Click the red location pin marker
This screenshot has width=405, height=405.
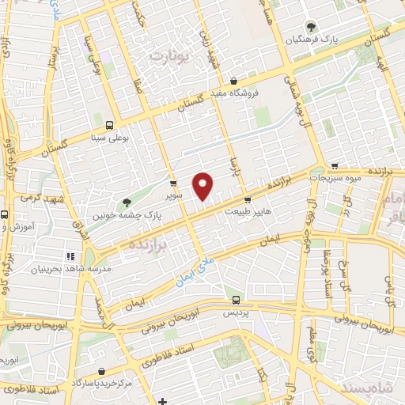(x=204, y=186)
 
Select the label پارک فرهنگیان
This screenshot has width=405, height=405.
(x=311, y=39)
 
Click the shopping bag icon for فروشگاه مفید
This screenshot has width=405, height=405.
(x=234, y=81)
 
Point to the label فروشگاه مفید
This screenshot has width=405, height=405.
(x=234, y=93)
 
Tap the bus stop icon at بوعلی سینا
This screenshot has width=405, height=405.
(x=108, y=124)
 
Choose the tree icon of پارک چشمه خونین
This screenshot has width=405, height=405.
(x=127, y=202)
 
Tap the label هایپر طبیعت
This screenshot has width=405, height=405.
(x=248, y=211)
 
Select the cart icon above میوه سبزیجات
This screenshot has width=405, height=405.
(x=336, y=166)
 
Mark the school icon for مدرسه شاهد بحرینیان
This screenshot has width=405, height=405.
(x=69, y=256)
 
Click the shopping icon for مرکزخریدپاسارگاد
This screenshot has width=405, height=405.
(x=101, y=371)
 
